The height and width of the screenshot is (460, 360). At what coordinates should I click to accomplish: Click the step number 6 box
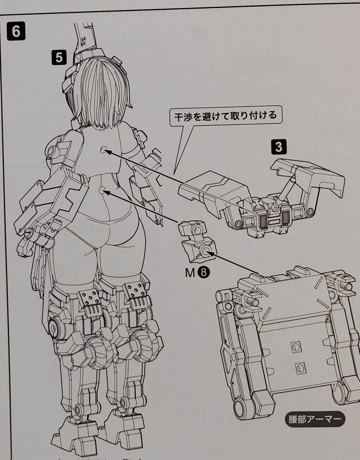coord(16,31)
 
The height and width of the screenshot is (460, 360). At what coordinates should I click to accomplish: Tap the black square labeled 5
coord(59,57)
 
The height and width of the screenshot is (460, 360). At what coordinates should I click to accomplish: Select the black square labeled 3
coord(279,147)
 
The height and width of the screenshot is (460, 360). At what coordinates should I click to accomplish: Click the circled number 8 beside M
coord(203,273)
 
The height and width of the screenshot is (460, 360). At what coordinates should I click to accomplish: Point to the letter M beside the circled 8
coord(190,273)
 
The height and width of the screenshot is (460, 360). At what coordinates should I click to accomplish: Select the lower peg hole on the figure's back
coord(102,190)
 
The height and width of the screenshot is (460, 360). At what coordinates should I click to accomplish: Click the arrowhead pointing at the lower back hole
coord(106,192)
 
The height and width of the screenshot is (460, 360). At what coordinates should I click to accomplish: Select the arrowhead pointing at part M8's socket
coord(211,253)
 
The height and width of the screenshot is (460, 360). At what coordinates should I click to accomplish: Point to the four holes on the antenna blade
coord(83,41)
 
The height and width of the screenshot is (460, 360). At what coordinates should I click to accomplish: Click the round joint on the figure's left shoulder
coord(51,151)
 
